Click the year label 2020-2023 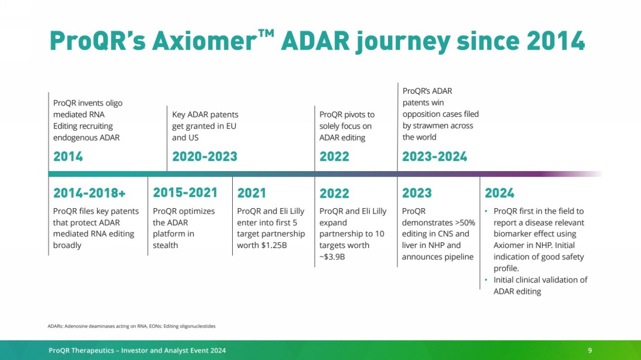[x=205, y=156]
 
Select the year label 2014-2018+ [x=89, y=193]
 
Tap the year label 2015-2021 [x=185, y=193]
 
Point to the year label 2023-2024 [x=434, y=156]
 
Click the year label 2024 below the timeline [x=499, y=193]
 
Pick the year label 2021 [x=251, y=193]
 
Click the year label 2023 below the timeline [x=417, y=193]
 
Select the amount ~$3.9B [x=332, y=257]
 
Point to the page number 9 [x=590, y=351]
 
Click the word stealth [x=165, y=245]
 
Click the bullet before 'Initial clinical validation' [x=486, y=280]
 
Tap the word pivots [x=354, y=114]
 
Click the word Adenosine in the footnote [x=76, y=326]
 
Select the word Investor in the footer [x=134, y=351]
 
